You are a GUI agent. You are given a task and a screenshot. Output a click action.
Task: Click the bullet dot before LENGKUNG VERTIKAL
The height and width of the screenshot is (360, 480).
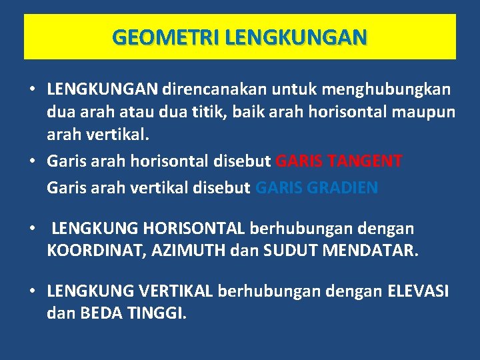[31, 291]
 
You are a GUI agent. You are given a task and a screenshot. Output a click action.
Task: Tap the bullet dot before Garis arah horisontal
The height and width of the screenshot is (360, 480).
[31, 161]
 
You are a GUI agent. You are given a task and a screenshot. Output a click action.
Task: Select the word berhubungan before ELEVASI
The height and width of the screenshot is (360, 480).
[257, 291]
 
